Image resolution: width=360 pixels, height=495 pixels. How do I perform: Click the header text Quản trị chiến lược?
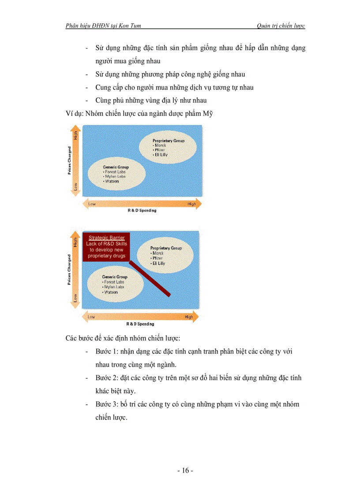coord(281,26)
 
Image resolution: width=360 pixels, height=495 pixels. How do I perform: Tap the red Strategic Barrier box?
coord(107,247)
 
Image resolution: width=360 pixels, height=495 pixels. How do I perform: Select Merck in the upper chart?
coord(158,145)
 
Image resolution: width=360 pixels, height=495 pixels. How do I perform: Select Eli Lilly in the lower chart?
coord(158,263)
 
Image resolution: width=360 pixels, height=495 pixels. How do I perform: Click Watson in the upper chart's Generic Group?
coord(112,181)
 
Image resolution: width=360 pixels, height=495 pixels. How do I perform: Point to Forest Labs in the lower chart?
coord(114,282)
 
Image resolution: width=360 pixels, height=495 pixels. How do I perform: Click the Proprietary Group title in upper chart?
coord(169,141)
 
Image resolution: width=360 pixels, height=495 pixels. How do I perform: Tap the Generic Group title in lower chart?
coord(115,277)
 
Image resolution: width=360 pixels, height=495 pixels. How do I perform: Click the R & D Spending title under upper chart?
coord(139,211)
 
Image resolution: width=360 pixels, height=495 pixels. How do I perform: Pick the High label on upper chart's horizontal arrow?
coord(191,204)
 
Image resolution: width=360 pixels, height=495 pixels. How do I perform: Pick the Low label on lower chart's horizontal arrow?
coord(91,317)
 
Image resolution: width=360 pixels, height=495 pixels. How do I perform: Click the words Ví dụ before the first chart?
coord(74,114)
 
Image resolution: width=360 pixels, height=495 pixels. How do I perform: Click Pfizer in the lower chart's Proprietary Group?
coord(157,258)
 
